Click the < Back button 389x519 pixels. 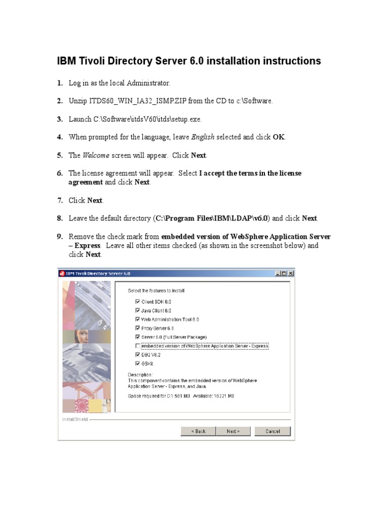(x=198, y=431)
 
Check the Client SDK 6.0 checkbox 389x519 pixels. (x=137, y=302)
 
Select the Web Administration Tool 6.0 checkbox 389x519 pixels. (x=137, y=319)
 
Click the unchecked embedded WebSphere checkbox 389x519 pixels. (x=137, y=346)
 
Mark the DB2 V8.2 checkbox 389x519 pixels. (x=137, y=355)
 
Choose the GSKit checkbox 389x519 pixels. (x=137, y=363)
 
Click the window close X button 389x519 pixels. (x=290, y=273)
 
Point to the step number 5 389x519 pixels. (x=60, y=156)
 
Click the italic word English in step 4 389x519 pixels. (x=203, y=137)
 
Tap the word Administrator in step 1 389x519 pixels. (x=148, y=83)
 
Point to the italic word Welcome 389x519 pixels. (x=96, y=156)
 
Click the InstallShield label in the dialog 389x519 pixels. (x=75, y=420)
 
